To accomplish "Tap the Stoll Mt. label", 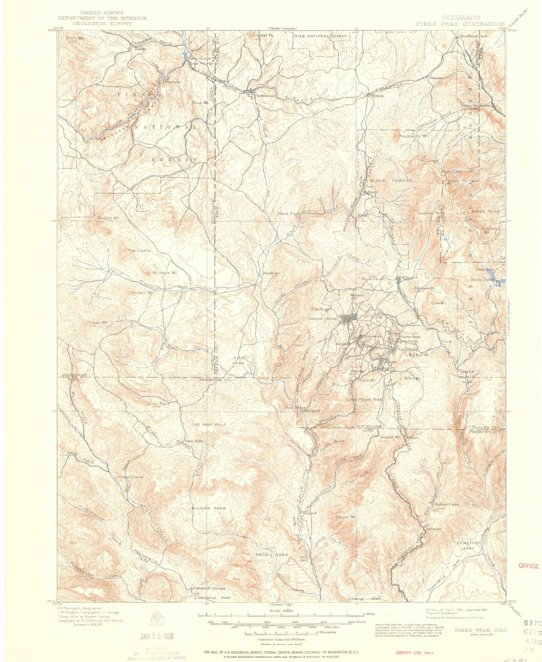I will click(75, 38).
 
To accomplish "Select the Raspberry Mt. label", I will click(413, 136).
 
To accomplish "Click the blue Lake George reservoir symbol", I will click(186, 56).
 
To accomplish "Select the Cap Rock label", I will click(160, 404).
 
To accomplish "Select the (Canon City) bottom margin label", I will click(282, 605).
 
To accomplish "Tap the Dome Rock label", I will click(288, 214).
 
